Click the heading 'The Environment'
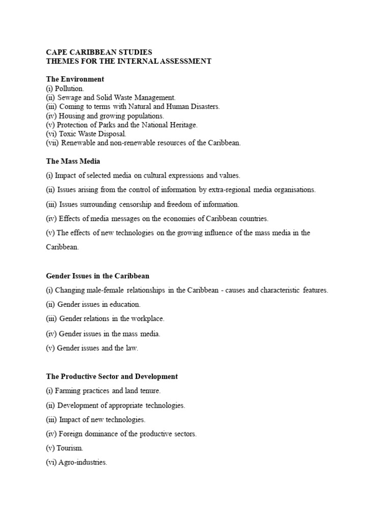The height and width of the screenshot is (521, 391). tap(75, 79)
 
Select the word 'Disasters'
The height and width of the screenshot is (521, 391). tap(203, 106)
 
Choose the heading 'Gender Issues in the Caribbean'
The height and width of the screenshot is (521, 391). tap(98, 276)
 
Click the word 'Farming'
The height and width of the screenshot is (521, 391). tap(69, 391)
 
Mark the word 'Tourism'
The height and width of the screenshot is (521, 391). tap(70, 448)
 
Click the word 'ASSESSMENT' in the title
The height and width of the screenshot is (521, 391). tap(180, 61)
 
